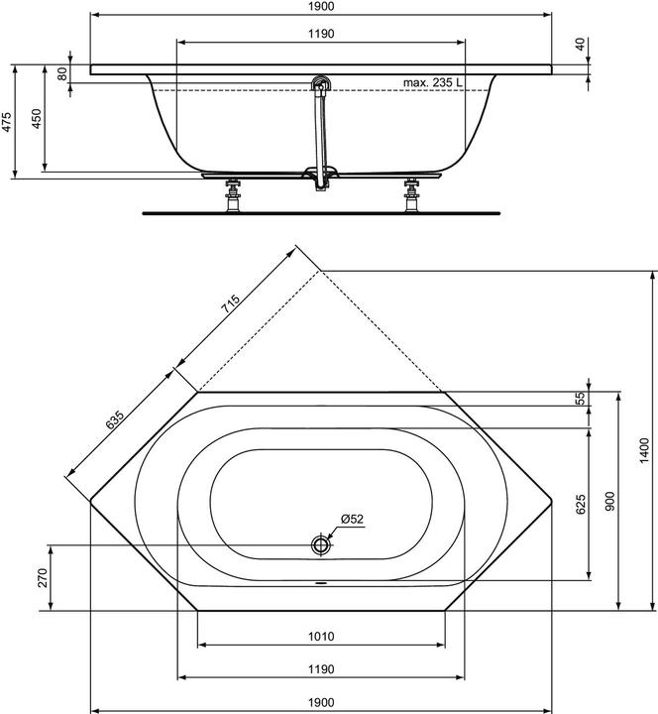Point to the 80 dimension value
[62, 74]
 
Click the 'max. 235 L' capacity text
[434, 83]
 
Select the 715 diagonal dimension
[230, 307]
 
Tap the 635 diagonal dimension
[116, 421]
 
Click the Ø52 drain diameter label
[354, 520]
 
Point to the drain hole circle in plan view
[321, 544]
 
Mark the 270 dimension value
[43, 578]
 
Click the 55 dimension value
[582, 398]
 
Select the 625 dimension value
[582, 504]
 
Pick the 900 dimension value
[610, 502]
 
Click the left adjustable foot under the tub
[236, 194]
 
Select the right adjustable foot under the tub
[411, 194]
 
